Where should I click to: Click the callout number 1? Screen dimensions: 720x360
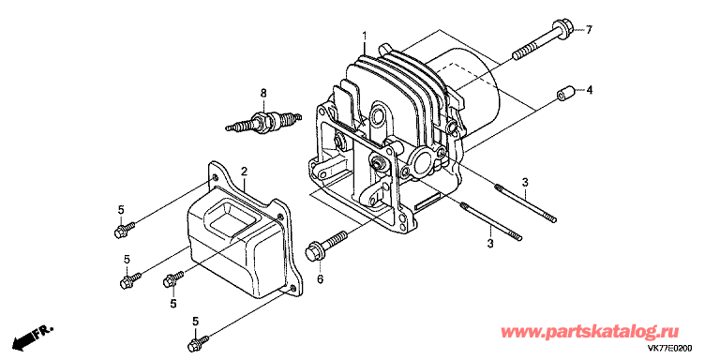[364, 36]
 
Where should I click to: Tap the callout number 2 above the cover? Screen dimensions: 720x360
[245, 172]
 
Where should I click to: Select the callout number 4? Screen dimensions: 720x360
[589, 90]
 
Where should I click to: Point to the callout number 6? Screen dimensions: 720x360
[320, 278]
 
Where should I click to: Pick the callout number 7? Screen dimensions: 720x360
[589, 30]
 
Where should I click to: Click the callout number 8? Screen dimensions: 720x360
[263, 94]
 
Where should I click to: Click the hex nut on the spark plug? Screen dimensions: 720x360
[260, 122]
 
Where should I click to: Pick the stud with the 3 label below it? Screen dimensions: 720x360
[490, 221]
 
